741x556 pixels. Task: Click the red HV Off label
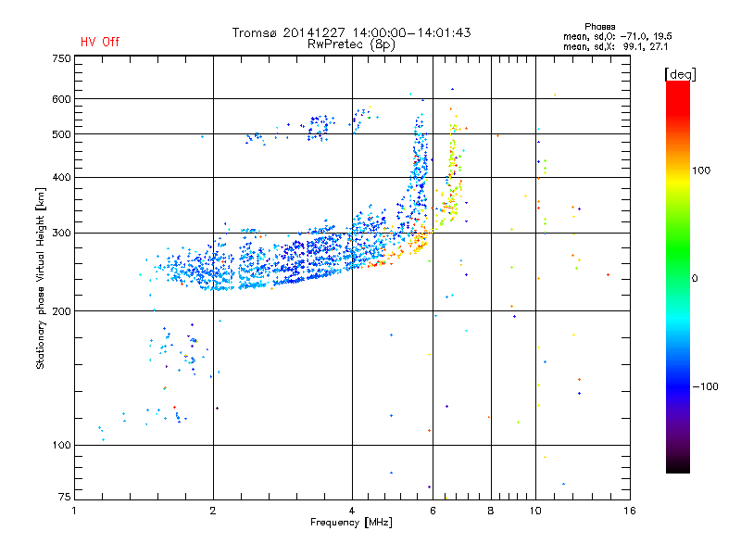99,42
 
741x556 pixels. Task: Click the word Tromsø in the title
255,32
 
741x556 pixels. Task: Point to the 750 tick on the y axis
61,58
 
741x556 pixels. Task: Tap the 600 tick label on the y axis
61,99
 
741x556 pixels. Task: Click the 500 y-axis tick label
61,134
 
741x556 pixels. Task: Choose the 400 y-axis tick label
61,177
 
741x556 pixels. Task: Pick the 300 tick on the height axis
61,233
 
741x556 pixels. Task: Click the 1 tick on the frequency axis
75,511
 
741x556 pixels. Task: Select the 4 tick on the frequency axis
352,511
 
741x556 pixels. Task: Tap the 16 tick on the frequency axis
629,511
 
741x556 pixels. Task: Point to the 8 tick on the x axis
491,511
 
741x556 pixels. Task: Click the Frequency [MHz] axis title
351,524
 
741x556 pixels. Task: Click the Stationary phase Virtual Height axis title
41,278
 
